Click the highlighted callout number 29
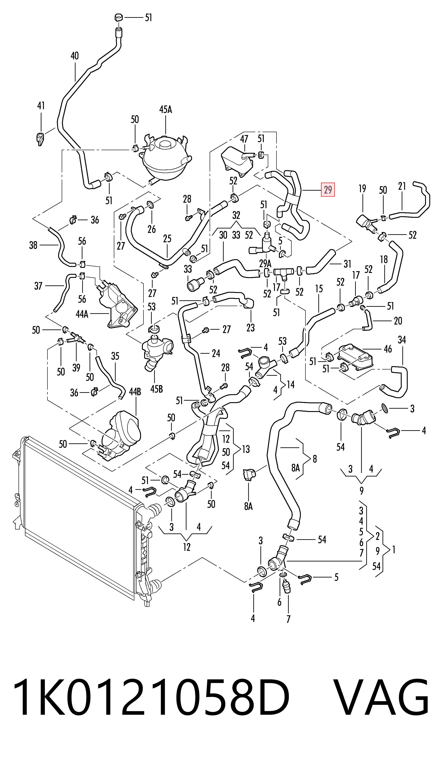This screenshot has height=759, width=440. (x=327, y=190)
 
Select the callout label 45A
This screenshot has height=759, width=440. (x=166, y=109)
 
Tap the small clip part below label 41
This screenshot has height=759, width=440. (x=39, y=139)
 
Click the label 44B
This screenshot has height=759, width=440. (x=135, y=392)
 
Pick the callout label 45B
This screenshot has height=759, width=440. (x=157, y=389)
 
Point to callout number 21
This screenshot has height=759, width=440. (x=402, y=186)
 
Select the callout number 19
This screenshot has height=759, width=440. (x=362, y=189)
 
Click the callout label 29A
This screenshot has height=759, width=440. (x=265, y=264)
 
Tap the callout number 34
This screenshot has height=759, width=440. (x=402, y=340)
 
